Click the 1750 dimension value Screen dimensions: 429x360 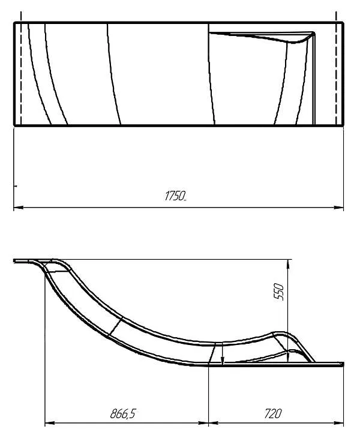click(175, 196)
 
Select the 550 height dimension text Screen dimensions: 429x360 click(278, 292)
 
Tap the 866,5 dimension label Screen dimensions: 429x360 click(124, 413)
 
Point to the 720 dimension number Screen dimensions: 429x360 click(272, 413)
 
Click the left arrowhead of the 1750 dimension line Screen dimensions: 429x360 click(17, 208)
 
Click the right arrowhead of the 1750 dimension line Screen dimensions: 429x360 click(340, 208)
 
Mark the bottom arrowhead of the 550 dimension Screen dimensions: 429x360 click(289, 359)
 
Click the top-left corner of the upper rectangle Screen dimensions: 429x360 click(14, 23)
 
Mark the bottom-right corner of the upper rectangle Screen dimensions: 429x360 click(343, 125)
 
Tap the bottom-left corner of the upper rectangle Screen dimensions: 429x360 click(14, 125)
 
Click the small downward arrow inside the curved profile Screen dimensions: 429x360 click(223, 360)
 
